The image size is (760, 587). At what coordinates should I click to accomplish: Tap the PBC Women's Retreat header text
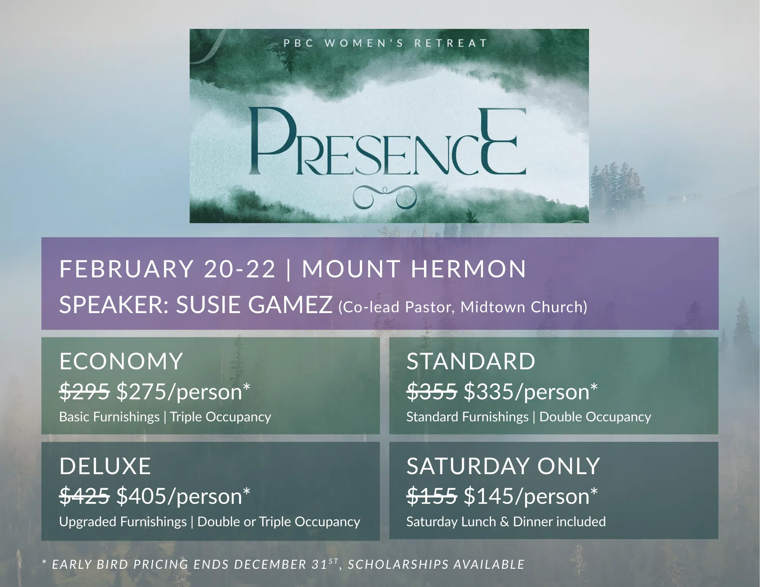385,43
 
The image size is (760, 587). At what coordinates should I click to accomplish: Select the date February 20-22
167,269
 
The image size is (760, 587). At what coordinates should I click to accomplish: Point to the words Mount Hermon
414,269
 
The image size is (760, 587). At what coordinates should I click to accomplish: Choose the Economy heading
121,361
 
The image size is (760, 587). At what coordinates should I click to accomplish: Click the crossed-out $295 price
85,391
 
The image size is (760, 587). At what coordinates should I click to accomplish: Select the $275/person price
183,392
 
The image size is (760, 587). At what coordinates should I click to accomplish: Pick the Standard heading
471,361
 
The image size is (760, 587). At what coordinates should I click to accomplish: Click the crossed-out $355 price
432,391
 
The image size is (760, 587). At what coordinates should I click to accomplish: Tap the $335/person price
530,392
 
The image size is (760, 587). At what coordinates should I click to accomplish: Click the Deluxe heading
105,466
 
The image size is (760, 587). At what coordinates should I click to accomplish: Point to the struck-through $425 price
85,496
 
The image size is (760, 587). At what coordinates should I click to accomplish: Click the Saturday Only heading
503,466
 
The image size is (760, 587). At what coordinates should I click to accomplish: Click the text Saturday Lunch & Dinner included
506,521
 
